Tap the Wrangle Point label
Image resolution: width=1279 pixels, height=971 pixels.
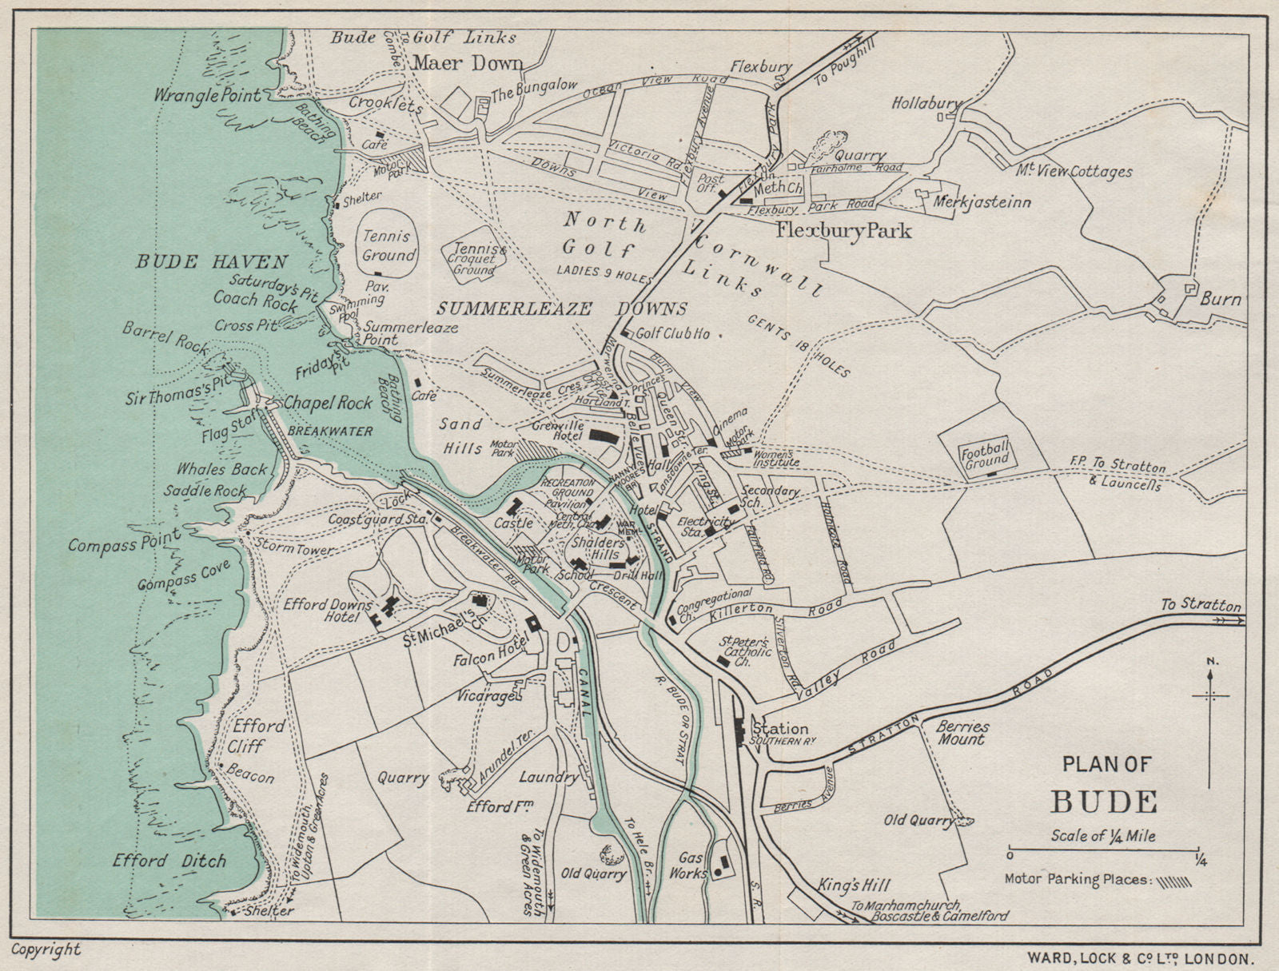click(x=209, y=96)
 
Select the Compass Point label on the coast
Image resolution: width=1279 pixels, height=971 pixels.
click(x=124, y=543)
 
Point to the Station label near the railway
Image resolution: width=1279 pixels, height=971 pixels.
click(x=779, y=728)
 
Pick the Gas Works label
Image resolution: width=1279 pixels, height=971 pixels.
click(x=691, y=865)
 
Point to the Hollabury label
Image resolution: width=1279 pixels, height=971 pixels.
click(x=926, y=103)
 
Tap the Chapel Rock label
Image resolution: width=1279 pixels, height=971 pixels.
click(x=328, y=403)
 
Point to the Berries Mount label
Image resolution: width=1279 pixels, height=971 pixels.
click(x=962, y=733)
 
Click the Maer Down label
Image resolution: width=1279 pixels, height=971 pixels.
click(x=468, y=63)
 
